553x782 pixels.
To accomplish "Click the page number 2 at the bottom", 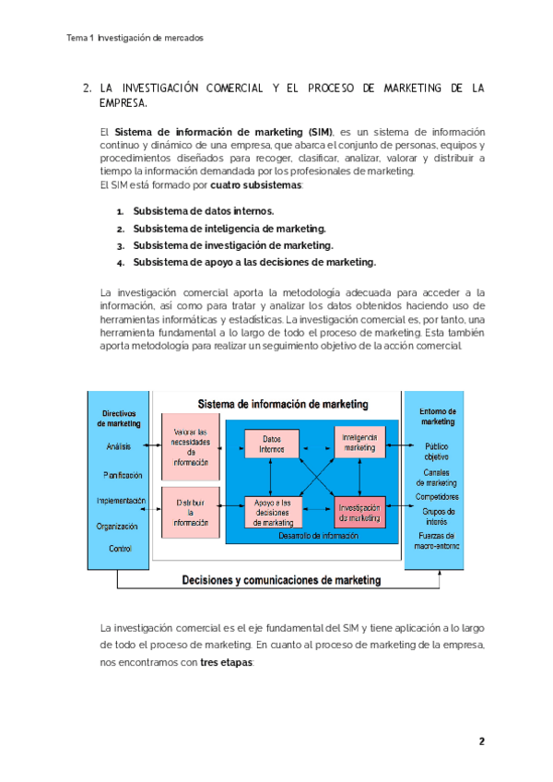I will tap(481, 741).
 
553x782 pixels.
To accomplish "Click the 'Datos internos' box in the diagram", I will tap(272, 443).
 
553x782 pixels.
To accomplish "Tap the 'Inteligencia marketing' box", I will tap(359, 442).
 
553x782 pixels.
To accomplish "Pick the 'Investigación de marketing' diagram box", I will tap(359, 513).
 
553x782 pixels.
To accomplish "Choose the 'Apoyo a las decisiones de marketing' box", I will tap(272, 512).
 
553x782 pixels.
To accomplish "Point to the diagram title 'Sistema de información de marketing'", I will tap(283, 404).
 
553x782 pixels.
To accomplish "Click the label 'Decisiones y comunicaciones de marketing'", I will tap(281, 580).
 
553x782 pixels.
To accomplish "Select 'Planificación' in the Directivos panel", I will tap(123, 475).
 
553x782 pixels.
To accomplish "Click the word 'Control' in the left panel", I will tap(120, 549).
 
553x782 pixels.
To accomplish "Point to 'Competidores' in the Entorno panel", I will tap(437, 496).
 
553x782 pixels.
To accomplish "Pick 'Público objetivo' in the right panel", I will tap(437, 451).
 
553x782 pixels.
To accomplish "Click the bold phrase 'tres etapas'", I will tap(226, 662).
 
